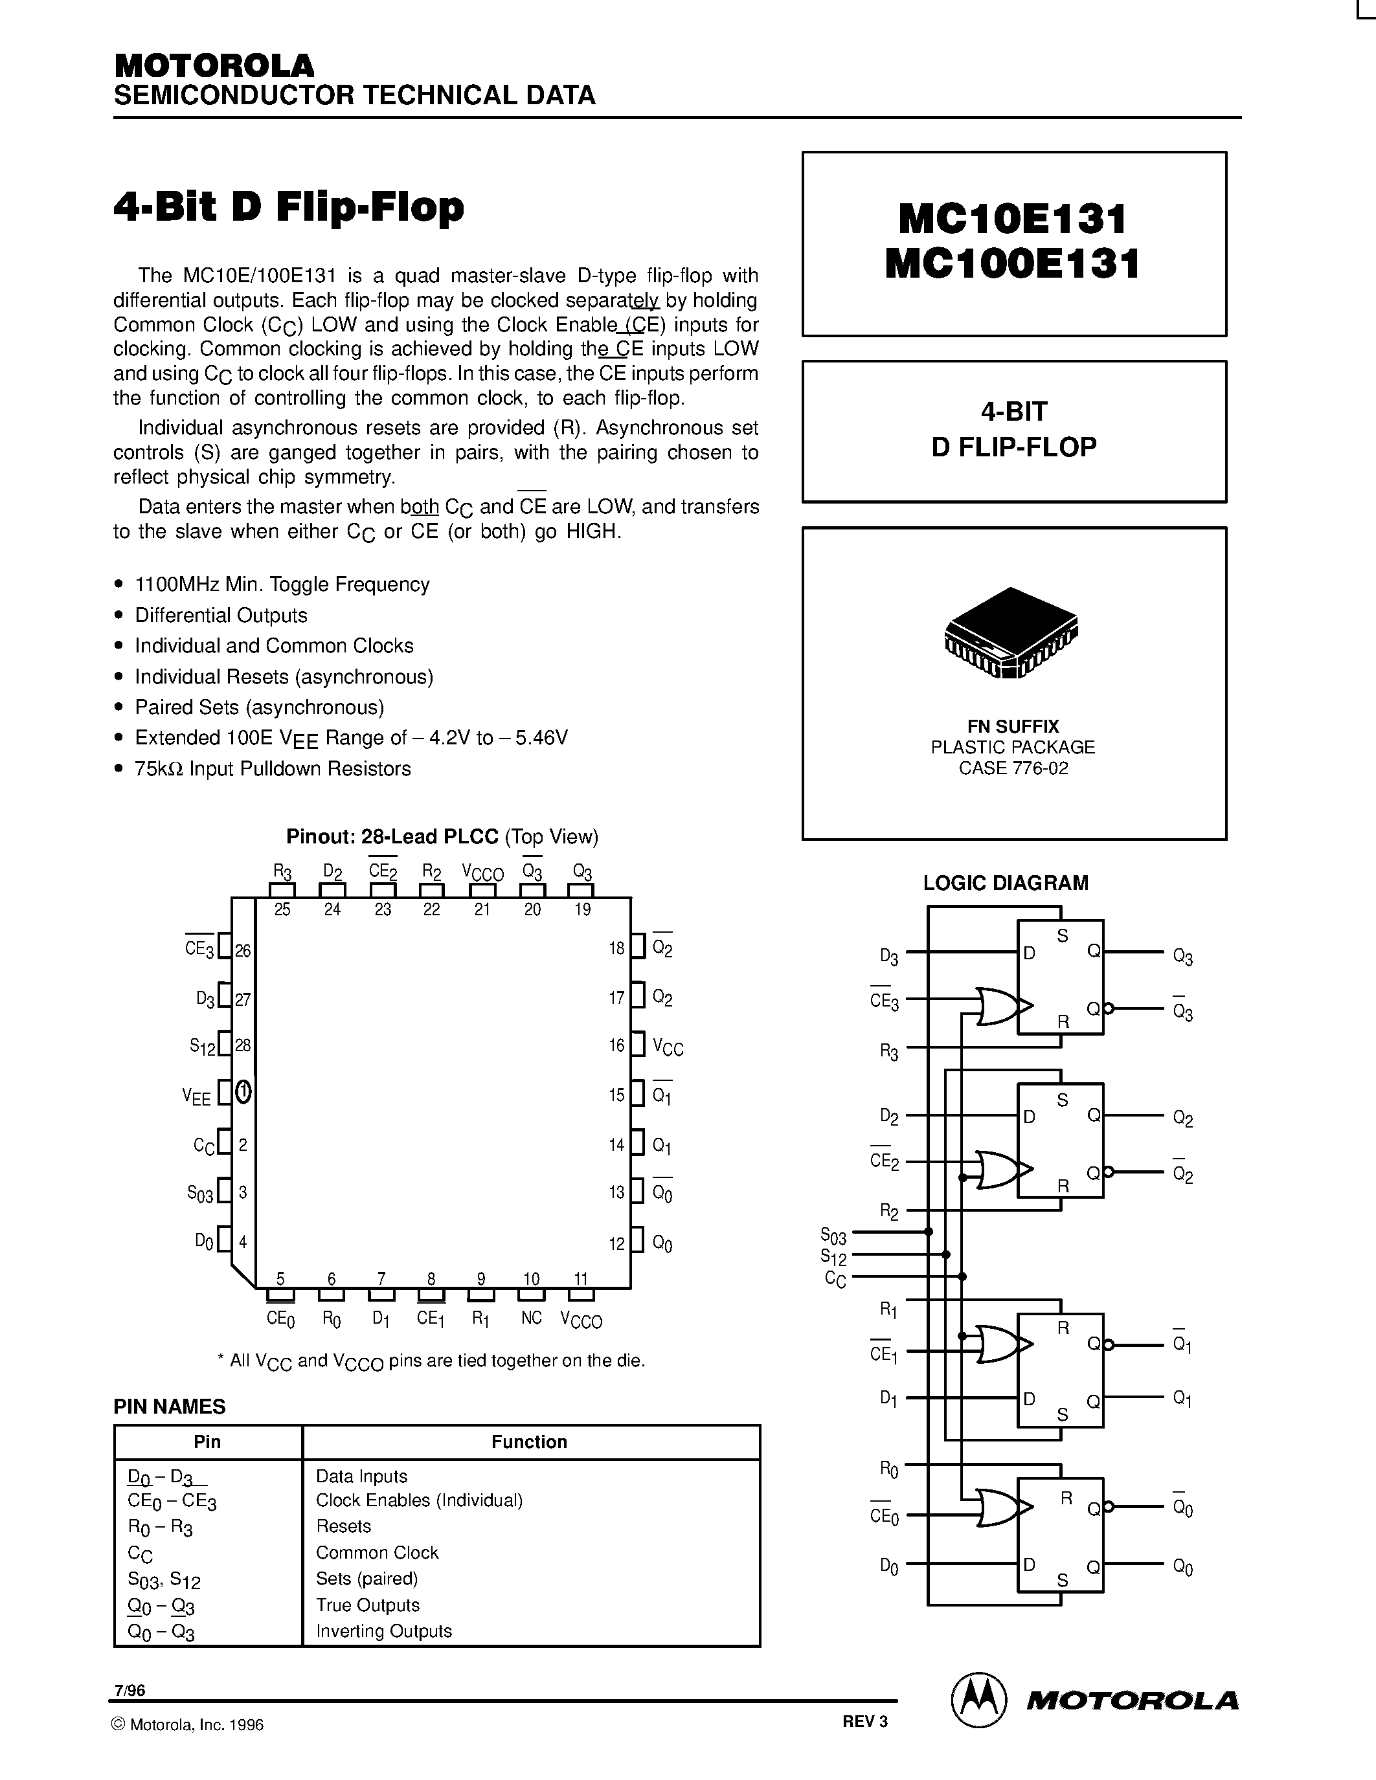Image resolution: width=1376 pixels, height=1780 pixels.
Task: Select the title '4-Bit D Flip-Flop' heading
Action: tap(289, 207)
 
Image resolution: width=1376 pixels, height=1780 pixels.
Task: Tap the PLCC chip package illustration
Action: tap(1011, 632)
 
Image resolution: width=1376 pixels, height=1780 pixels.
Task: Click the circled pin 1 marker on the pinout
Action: tap(243, 1092)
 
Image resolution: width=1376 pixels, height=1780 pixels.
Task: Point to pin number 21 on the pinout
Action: tap(482, 909)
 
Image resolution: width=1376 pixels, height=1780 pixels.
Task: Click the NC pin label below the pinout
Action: tap(531, 1318)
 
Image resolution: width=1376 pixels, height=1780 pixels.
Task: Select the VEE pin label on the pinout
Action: tap(196, 1097)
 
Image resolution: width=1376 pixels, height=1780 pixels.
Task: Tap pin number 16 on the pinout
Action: tap(616, 1045)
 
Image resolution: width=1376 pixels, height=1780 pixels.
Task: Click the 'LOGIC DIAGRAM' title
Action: tap(1005, 883)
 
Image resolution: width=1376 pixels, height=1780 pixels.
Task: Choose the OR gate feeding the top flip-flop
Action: tap(997, 1006)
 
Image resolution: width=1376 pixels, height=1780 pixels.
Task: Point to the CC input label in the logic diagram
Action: tap(835, 1280)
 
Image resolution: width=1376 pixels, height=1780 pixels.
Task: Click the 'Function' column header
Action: tap(529, 1441)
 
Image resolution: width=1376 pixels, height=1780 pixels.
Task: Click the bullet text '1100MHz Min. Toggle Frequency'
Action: tap(282, 584)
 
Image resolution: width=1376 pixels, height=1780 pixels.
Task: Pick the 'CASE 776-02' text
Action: tap(1013, 768)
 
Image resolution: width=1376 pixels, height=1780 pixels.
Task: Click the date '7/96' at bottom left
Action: tap(130, 1690)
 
